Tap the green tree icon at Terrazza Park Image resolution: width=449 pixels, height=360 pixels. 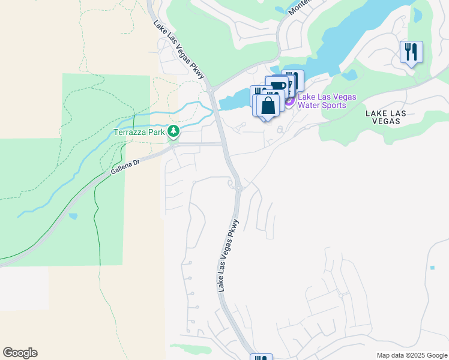(x=173, y=131)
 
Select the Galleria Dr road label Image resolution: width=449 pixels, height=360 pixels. (x=125, y=167)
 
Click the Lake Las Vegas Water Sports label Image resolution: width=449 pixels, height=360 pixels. (x=327, y=101)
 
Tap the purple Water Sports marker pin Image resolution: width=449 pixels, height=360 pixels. (x=289, y=101)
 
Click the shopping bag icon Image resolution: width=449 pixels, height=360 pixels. (x=268, y=106)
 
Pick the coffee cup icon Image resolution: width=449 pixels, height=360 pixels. (x=278, y=85)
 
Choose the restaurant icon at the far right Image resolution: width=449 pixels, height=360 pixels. (x=411, y=52)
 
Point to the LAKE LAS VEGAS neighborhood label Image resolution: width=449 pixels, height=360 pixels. (x=386, y=117)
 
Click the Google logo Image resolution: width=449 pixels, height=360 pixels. (x=20, y=353)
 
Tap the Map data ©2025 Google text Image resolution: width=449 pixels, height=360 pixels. (x=411, y=355)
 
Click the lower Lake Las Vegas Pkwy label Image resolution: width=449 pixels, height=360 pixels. (x=229, y=256)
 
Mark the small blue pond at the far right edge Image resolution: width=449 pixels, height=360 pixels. (x=432, y=267)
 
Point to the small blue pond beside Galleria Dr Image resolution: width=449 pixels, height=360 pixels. (x=73, y=216)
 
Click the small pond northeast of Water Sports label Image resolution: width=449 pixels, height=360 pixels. (x=348, y=76)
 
